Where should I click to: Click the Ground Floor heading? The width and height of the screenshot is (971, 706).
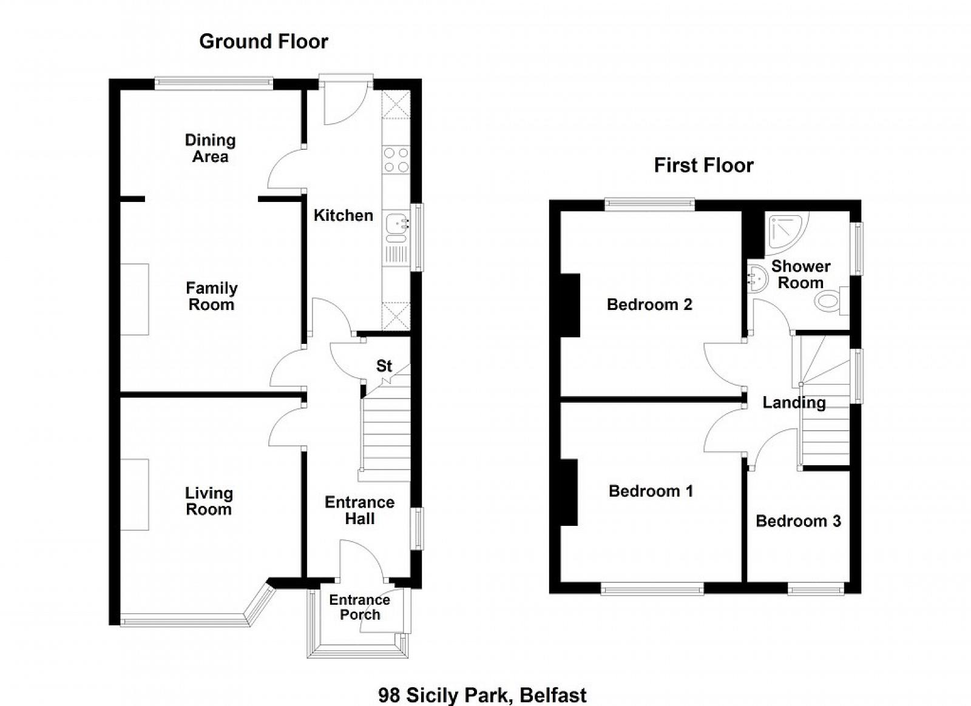263,42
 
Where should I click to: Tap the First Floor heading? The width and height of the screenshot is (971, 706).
703,166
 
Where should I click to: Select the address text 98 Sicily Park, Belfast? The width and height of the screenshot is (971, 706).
482,695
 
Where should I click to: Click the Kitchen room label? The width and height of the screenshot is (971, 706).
343,215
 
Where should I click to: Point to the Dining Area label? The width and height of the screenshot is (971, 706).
210,148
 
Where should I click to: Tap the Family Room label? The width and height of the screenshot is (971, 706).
212,296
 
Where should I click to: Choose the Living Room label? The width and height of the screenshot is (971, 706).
209,501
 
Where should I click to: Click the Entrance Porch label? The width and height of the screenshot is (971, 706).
360,607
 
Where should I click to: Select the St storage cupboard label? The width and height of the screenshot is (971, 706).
384,366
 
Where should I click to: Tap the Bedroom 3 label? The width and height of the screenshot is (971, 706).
799,520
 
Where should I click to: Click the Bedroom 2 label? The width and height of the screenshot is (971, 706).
649,304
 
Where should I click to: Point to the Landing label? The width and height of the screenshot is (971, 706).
794,403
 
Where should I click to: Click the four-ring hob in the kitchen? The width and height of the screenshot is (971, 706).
396,160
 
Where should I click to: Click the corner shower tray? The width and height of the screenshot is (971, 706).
785,232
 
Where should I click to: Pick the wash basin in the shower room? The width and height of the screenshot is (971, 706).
756,278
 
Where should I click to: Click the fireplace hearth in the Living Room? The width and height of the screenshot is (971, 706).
134,495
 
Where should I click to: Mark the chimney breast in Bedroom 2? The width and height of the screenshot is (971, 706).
570,305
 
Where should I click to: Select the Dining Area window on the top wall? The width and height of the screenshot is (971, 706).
214,83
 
